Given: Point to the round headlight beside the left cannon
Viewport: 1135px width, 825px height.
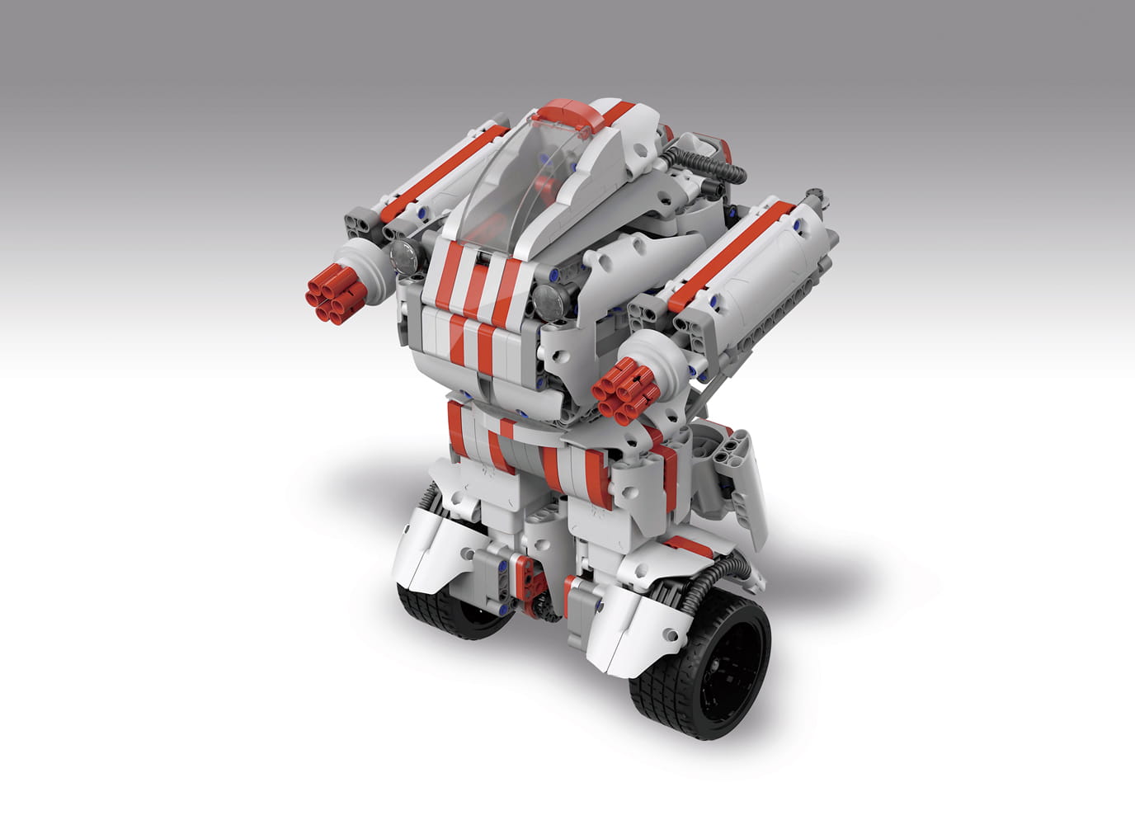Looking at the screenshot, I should [404, 257].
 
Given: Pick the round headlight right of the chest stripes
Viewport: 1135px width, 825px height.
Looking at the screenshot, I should [547, 300].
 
